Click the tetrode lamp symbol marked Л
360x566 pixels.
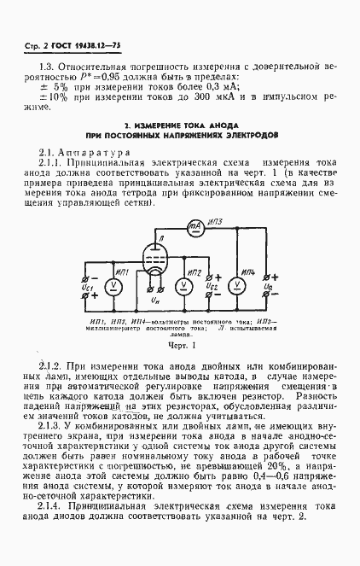[x=152, y=257]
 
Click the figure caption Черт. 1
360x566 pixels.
[x=180, y=347]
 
